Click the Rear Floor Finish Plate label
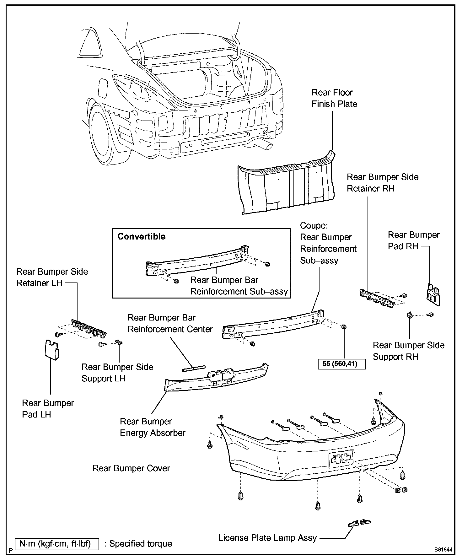coord(334,98)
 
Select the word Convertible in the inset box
coord(141,236)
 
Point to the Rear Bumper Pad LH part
coord(51,350)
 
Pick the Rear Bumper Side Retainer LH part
coord(89,329)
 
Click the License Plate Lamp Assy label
coord(267,538)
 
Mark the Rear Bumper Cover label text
coord(131,468)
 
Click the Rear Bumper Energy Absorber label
coord(153,427)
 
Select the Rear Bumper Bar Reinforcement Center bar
coord(194,368)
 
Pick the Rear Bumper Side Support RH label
coord(408,351)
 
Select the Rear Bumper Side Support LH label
coord(117,373)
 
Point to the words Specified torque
coord(140,544)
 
